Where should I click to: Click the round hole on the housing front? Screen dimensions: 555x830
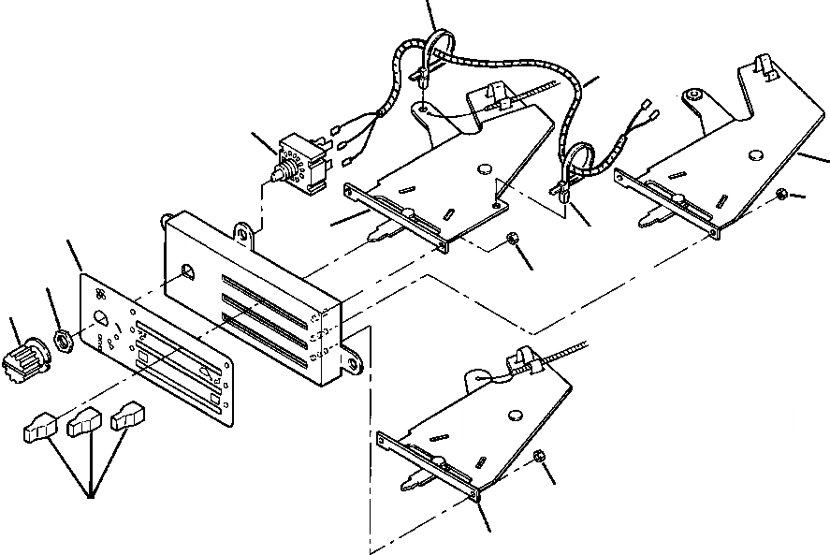coord(188,273)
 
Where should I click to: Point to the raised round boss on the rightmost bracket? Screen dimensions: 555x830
coord(693,96)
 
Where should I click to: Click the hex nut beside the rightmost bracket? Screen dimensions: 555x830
coord(780,194)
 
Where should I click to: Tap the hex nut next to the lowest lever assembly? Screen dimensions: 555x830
coord(539,456)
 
